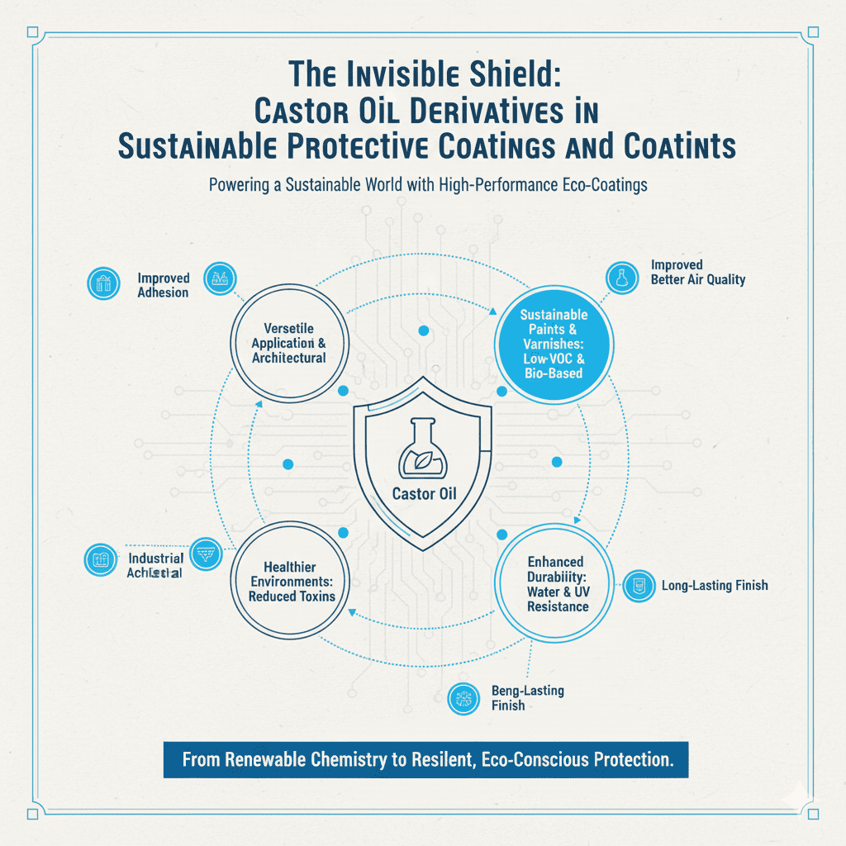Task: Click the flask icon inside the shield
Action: coord(422,450)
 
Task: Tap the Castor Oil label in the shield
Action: coord(422,497)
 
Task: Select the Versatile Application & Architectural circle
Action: coord(288,345)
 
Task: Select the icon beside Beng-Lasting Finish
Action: coord(459,698)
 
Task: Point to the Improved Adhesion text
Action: coord(164,285)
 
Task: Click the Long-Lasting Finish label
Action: coord(715,586)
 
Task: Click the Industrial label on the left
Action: coord(156,559)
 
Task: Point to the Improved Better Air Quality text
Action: coord(697,272)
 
